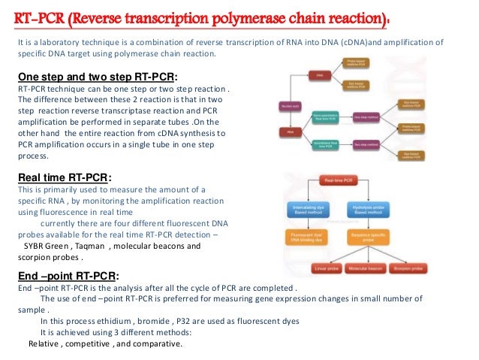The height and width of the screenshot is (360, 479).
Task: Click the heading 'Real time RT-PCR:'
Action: click(x=65, y=177)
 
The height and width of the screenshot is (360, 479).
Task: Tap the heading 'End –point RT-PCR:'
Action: click(x=68, y=274)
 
